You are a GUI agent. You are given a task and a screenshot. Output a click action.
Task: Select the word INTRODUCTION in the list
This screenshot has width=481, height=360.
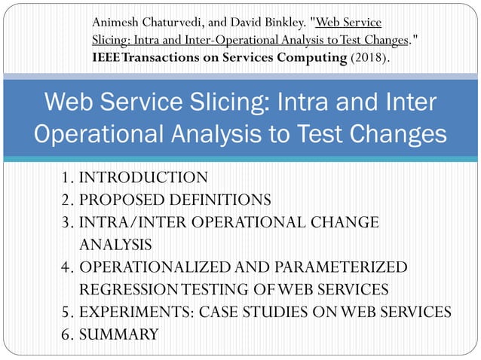point(143,178)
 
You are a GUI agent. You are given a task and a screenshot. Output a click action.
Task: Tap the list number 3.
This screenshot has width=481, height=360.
point(66,222)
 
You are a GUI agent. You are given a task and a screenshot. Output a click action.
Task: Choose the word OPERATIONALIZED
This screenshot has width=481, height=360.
point(161,267)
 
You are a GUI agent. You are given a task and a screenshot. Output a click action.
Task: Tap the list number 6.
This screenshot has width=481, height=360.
point(66,334)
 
